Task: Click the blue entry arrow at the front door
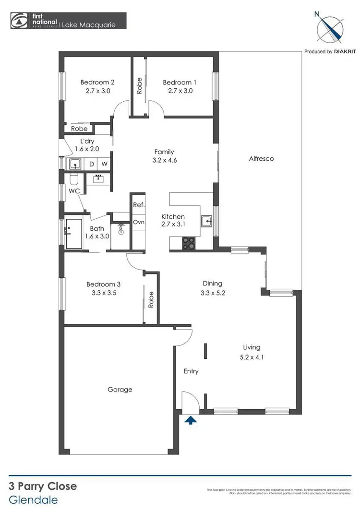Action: [x=191, y=421]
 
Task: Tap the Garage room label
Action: [x=120, y=390]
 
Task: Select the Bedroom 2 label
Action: [x=97, y=82]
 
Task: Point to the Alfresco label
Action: [x=262, y=158]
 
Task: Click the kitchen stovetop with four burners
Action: [x=188, y=244]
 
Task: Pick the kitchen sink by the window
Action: [x=207, y=222]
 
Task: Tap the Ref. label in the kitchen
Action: [x=139, y=205]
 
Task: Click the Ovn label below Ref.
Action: [x=139, y=222]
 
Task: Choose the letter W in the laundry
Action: [x=104, y=164]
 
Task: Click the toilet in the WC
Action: [x=73, y=180]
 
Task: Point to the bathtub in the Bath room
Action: [x=74, y=234]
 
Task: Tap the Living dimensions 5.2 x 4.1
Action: [x=252, y=357]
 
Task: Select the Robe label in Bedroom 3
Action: [x=151, y=300]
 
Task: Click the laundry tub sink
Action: [x=75, y=164]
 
